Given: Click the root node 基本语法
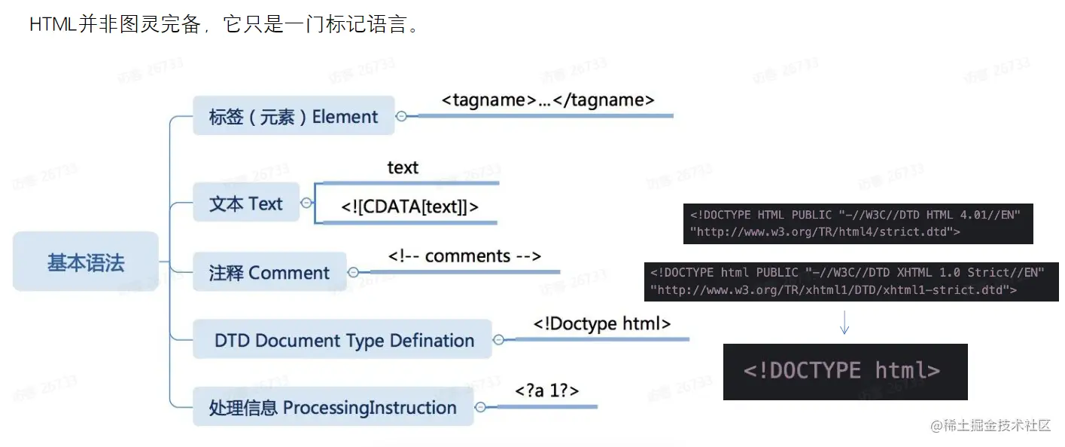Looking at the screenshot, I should coord(86,262).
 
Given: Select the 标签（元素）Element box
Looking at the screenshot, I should coord(294,116).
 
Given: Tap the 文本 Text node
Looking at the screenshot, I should coord(246,203).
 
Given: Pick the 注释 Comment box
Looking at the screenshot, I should coord(269,272).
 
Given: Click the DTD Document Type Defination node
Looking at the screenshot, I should coord(343,340).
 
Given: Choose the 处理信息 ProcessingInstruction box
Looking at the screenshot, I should coord(333,407).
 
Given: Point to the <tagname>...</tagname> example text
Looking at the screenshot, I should coord(548,100).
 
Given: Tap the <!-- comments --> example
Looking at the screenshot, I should coord(464,256).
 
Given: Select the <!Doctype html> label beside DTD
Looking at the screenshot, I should coord(601,323).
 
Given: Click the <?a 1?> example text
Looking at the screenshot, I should coord(546,390).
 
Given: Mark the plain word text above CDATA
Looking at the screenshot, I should coord(403,167).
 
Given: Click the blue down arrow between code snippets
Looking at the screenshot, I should coord(844,322).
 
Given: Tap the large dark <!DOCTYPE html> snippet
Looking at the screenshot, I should coord(844,371).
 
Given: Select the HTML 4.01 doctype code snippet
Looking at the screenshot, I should coord(857,223).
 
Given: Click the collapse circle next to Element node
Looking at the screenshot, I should coord(402,116).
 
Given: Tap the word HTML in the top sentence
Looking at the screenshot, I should coord(52,24).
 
